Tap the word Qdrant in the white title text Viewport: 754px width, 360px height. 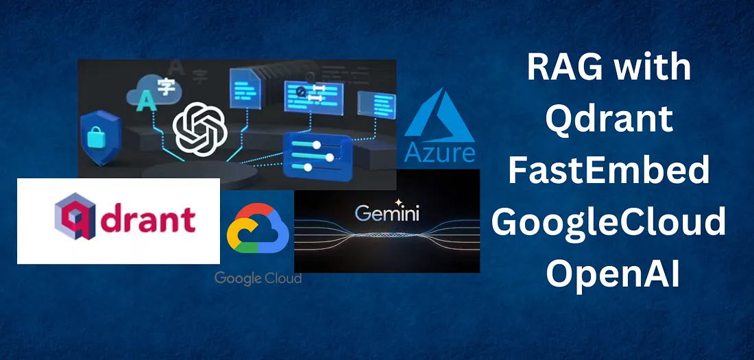pyautogui.click(x=609, y=119)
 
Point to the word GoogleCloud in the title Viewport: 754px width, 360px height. pyautogui.click(x=609, y=223)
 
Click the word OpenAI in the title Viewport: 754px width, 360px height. pyautogui.click(x=609, y=274)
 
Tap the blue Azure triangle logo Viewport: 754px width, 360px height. pyautogui.click(x=439, y=120)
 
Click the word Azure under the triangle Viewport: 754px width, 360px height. pyautogui.click(x=439, y=152)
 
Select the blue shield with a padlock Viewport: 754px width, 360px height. pyautogui.click(x=100, y=134)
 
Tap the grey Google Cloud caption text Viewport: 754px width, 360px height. pyautogui.click(x=258, y=278)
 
